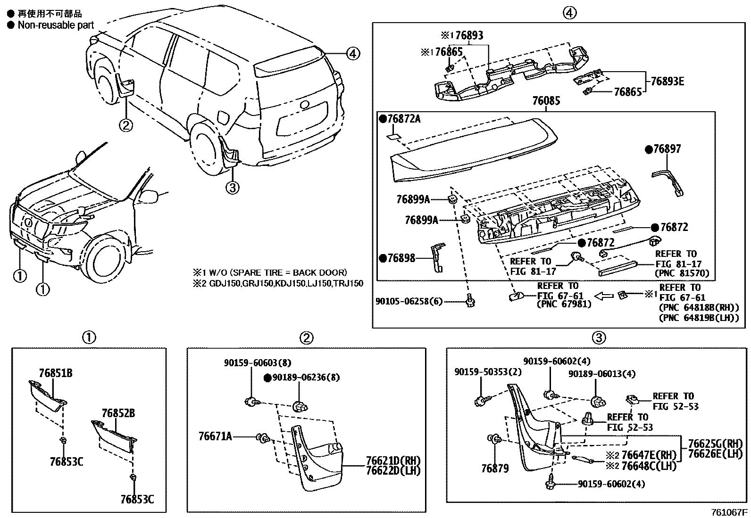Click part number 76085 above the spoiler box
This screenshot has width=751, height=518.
pyautogui.click(x=546, y=101)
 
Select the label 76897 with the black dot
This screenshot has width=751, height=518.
pyautogui.click(x=667, y=149)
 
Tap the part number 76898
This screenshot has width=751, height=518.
pyautogui.click(x=401, y=258)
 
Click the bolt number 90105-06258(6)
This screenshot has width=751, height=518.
pyautogui.click(x=409, y=302)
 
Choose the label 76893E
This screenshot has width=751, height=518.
pyautogui.click(x=667, y=81)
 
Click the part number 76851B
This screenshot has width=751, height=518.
pyautogui.click(x=56, y=373)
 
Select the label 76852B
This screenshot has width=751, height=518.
pyautogui.click(x=118, y=413)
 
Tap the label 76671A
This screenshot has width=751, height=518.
pyautogui.click(x=215, y=436)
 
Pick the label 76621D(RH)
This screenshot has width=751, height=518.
pyautogui.click(x=393, y=460)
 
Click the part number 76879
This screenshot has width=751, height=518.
pyautogui.click(x=495, y=469)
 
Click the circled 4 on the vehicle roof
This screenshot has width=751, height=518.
pyautogui.click(x=352, y=54)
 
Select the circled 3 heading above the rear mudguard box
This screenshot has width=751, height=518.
pyautogui.click(x=598, y=337)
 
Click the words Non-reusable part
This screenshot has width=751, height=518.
pyautogui.click(x=56, y=25)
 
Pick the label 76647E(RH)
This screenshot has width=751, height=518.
pyautogui.click(x=649, y=455)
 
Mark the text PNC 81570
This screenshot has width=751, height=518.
pyautogui.click(x=682, y=273)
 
